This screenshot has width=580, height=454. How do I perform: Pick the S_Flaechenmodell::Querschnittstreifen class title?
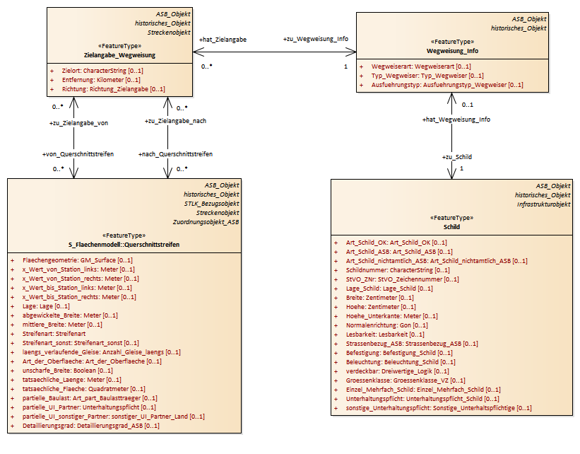point(124,244)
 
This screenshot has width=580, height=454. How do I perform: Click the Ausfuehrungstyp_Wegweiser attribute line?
point(447,85)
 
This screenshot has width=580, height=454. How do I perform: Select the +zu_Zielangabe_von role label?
point(78,123)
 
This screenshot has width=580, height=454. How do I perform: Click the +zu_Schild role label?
point(457,156)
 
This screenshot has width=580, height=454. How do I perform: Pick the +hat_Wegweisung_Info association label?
point(456,120)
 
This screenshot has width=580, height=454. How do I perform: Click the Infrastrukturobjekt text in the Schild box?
point(543,204)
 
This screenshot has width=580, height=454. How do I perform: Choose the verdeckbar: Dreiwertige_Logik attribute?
point(397,371)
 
